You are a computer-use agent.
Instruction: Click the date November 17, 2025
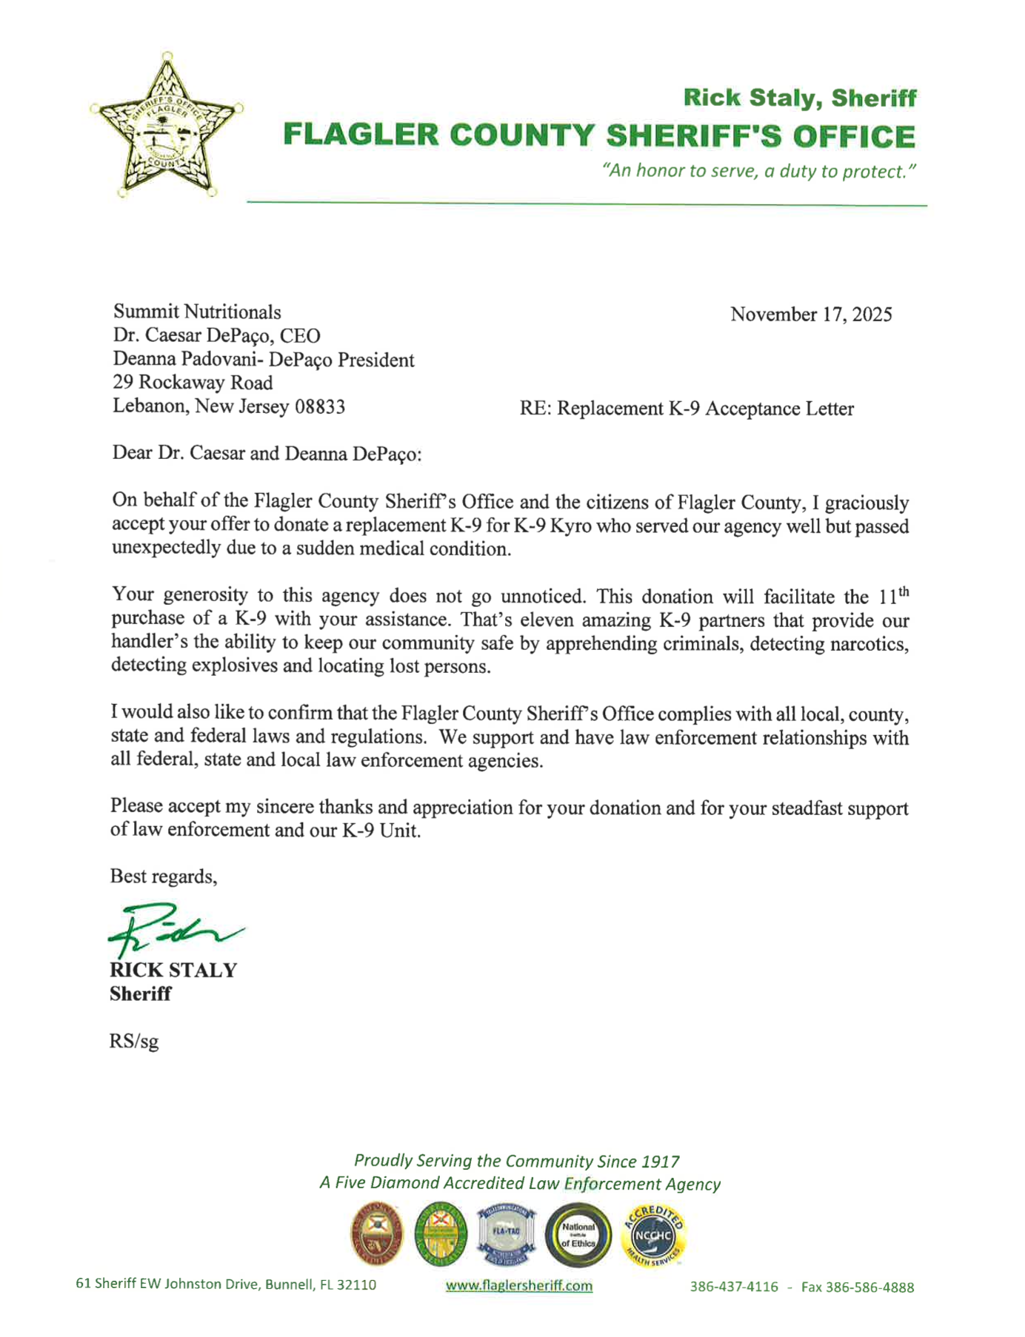pyautogui.click(x=810, y=315)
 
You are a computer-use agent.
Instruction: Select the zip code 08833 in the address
pyautogui.click(x=320, y=406)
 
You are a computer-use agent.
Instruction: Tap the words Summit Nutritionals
pyautogui.click(x=196, y=312)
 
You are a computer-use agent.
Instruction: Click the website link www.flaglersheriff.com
pyautogui.click(x=518, y=1286)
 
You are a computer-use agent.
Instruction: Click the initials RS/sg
pyautogui.click(x=133, y=1042)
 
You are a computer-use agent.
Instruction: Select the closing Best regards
pyautogui.click(x=163, y=877)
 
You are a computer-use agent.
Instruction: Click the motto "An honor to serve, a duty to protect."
pyautogui.click(x=759, y=172)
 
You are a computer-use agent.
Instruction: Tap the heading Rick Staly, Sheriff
pyautogui.click(x=799, y=98)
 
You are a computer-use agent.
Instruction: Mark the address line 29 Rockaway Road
pyautogui.click(x=193, y=383)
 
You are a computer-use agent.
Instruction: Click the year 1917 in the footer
pyautogui.click(x=661, y=1162)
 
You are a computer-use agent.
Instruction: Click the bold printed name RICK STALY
pyautogui.click(x=173, y=971)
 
